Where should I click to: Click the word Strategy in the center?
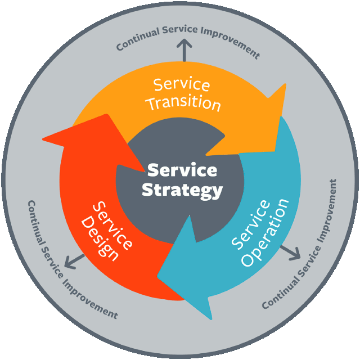tap(182, 190)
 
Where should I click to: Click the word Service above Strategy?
tap(182, 169)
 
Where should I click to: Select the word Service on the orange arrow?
tap(182, 85)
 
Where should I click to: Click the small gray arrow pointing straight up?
tap(183, 50)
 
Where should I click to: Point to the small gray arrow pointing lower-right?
tap(291, 252)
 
